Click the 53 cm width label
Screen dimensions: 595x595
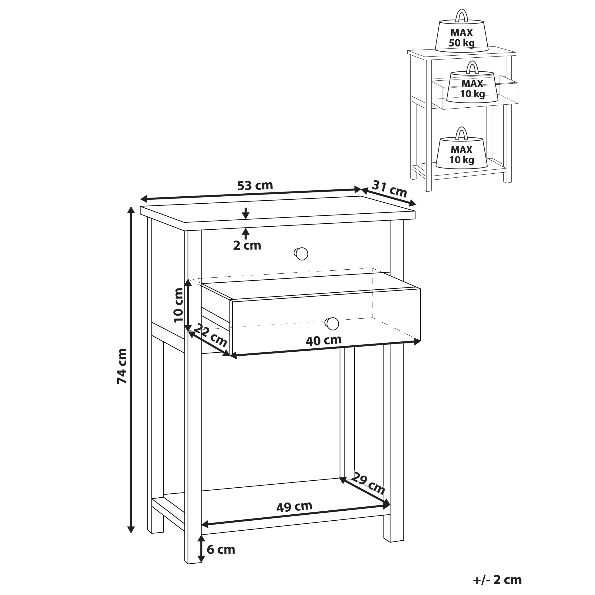(255, 186)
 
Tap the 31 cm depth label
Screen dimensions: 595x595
(390, 189)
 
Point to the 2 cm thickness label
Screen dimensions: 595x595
(247, 246)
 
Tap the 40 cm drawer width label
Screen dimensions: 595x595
(324, 340)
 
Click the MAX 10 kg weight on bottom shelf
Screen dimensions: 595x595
(462, 149)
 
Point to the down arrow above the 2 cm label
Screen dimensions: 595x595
(245, 213)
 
